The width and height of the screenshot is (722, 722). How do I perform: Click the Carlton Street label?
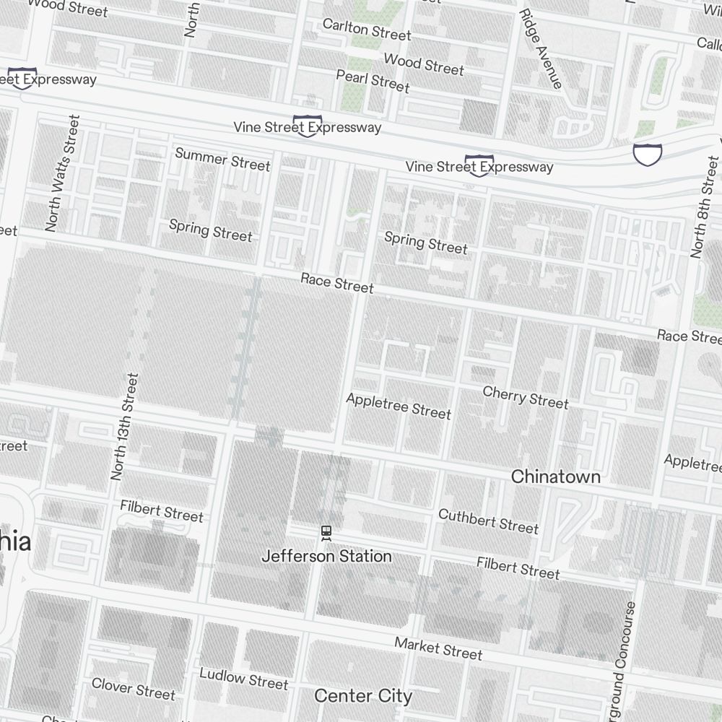366,30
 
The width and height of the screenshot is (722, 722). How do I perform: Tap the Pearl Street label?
373,81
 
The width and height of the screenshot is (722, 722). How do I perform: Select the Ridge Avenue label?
540,48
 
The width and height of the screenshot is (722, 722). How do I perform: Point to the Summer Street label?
222,160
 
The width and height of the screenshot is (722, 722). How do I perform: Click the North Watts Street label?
61,173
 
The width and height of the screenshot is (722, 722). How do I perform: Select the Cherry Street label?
526,396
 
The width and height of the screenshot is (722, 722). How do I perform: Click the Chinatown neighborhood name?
555,477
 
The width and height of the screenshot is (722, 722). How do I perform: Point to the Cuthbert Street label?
488,521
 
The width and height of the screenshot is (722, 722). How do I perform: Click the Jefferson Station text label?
326,557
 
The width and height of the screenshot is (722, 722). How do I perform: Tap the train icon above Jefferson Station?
326,533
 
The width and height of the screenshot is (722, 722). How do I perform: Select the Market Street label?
438,648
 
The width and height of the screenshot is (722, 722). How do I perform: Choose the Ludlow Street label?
243,678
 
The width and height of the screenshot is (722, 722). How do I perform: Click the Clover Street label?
133,688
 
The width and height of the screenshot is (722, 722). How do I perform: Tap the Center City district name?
363,696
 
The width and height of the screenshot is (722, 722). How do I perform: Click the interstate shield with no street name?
647,153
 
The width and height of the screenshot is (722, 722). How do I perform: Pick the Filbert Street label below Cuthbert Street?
518,567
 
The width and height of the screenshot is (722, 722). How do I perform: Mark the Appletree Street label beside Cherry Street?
399,406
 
